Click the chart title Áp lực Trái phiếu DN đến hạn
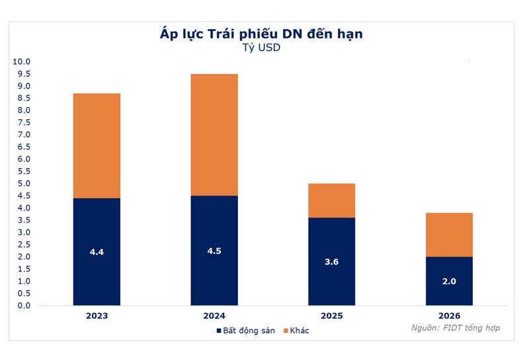tap(262, 34)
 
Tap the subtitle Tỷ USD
tap(262, 48)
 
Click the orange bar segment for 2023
tap(97, 146)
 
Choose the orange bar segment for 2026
tap(449, 234)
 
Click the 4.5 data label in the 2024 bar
tap(214, 251)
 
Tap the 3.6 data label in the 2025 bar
tap(332, 262)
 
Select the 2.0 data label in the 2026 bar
tap(449, 281)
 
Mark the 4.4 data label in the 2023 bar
tap(97, 252)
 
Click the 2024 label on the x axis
tap(214, 316)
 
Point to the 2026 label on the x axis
tap(449, 316)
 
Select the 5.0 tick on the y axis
tap(24, 184)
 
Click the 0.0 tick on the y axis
tap(24, 306)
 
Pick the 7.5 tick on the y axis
tap(24, 122)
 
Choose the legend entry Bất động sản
tap(243, 330)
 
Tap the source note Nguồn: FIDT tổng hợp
tap(455, 328)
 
